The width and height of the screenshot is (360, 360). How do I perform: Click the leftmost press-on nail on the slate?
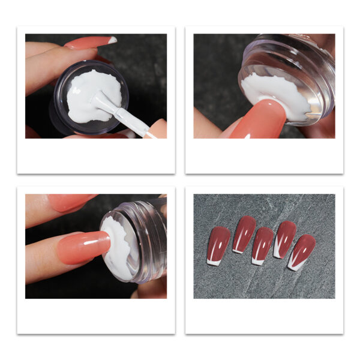click(217, 244)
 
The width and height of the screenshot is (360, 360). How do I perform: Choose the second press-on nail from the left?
click(244, 233)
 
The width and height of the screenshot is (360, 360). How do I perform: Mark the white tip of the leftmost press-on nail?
click(214, 262)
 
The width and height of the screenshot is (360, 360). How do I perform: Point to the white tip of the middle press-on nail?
click(257, 261)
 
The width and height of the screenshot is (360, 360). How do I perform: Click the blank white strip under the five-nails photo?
click(264, 315)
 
